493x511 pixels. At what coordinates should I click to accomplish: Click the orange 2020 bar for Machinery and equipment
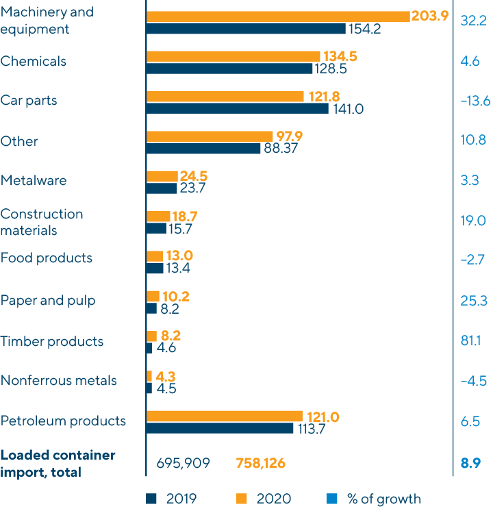pos(277,16)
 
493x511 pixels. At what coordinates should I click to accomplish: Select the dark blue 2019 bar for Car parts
pos(237,108)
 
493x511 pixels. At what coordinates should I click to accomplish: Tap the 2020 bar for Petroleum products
pos(224,416)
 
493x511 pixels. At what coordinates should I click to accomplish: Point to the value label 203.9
pos(429,16)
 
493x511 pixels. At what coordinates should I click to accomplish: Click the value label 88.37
pos(280,149)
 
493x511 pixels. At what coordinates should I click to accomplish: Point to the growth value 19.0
pos(473,220)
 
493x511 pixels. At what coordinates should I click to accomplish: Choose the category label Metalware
pos(34,181)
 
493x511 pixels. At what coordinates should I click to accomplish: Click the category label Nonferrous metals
pos(58,381)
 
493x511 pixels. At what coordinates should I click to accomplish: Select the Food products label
pos(46,258)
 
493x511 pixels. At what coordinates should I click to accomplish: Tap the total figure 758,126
pos(260,464)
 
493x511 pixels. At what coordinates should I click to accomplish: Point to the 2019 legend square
pos(152,499)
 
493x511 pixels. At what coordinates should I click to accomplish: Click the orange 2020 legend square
pos(242,499)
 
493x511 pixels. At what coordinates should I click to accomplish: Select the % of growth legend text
pos(384,499)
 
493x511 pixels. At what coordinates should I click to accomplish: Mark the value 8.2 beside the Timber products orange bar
pos(170,336)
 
